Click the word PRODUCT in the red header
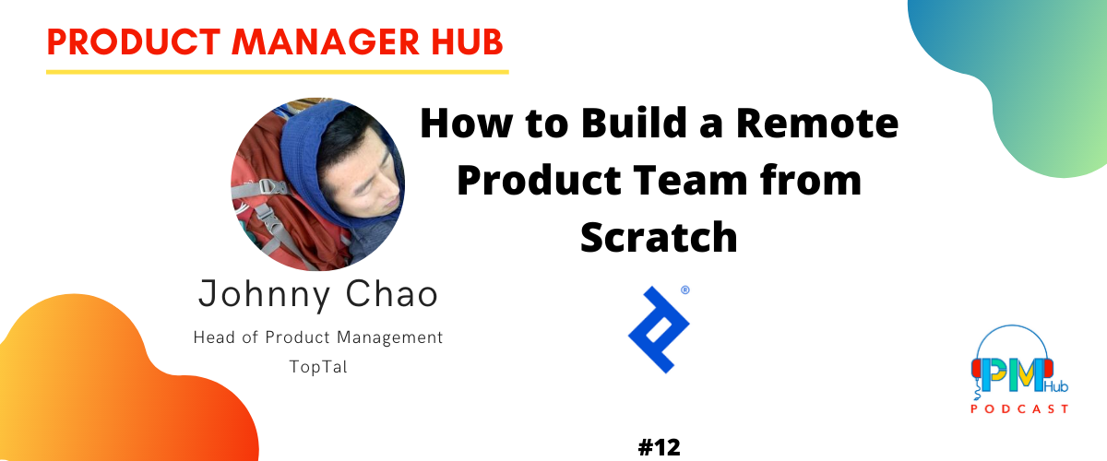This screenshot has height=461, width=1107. (x=134, y=42)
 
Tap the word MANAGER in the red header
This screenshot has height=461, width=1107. (x=326, y=42)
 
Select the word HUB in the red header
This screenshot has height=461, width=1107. (x=467, y=42)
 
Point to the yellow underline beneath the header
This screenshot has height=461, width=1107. (x=278, y=72)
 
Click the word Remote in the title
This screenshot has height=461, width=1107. (x=817, y=124)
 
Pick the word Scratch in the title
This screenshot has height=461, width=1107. (x=659, y=237)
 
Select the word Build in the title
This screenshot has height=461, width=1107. (x=635, y=123)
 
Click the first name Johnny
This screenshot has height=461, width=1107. (x=265, y=295)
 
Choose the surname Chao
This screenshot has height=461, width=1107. (x=391, y=294)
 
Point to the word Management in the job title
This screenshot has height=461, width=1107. (x=389, y=338)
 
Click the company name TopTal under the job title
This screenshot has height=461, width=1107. (x=318, y=367)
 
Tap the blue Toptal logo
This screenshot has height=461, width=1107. (x=659, y=329)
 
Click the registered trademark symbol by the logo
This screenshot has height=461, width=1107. (x=684, y=290)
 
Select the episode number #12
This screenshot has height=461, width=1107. (x=660, y=448)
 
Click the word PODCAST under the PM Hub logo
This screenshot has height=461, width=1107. (x=1019, y=409)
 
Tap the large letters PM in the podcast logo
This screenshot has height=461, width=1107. (x=1012, y=375)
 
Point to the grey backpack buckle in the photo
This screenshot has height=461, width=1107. (x=272, y=188)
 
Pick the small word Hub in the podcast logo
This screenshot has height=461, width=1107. (x=1056, y=386)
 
